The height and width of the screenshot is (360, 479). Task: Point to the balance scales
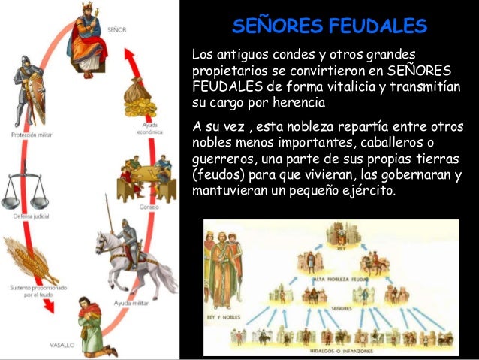[20, 191]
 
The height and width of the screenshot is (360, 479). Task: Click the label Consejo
[147, 206]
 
